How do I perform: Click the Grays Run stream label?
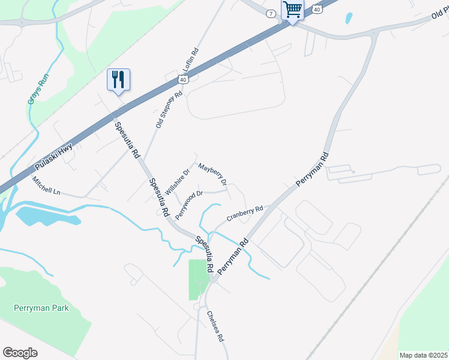click(x=38, y=89)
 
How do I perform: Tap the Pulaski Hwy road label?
click(x=53, y=155)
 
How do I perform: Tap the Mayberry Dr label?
click(x=212, y=174)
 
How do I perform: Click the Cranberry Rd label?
click(x=245, y=213)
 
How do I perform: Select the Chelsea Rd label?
click(x=215, y=326)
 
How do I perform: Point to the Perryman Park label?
click(x=41, y=308)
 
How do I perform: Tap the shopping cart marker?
click(x=292, y=9)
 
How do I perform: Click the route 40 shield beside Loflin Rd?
click(x=182, y=79)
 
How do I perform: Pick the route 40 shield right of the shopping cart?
click(x=317, y=9)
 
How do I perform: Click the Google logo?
click(x=20, y=353)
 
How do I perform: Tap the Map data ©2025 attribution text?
click(x=423, y=355)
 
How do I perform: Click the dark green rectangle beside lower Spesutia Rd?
click(x=197, y=279)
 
